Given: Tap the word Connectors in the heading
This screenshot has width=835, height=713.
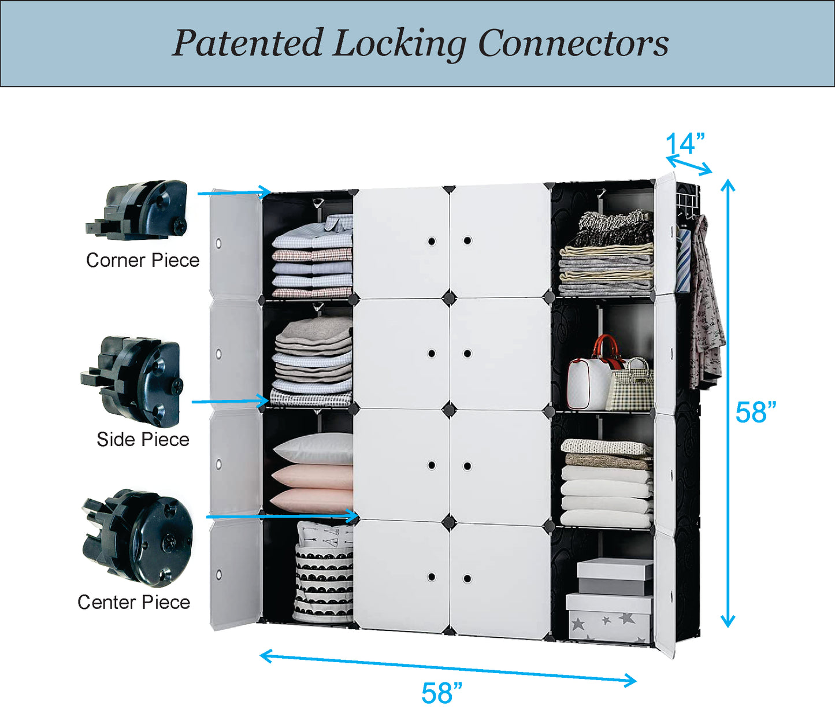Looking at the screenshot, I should coord(573,43).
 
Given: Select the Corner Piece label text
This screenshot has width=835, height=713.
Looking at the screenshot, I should coord(143,261).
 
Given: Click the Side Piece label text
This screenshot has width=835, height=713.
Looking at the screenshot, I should coord(143,440).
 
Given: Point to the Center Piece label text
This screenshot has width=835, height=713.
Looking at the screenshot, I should coord(133,603).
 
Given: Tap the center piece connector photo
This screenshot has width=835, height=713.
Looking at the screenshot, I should coord(139,537).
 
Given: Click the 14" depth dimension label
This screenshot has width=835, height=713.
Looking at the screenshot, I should coord(685,143).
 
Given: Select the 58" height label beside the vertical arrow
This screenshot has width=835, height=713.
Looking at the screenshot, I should coord(755,413).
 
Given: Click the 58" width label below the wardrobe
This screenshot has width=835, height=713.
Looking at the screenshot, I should coord(441,693).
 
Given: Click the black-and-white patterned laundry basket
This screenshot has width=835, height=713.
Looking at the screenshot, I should coord(324,575).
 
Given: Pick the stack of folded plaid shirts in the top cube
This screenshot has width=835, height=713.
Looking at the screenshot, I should coord(313,257).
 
